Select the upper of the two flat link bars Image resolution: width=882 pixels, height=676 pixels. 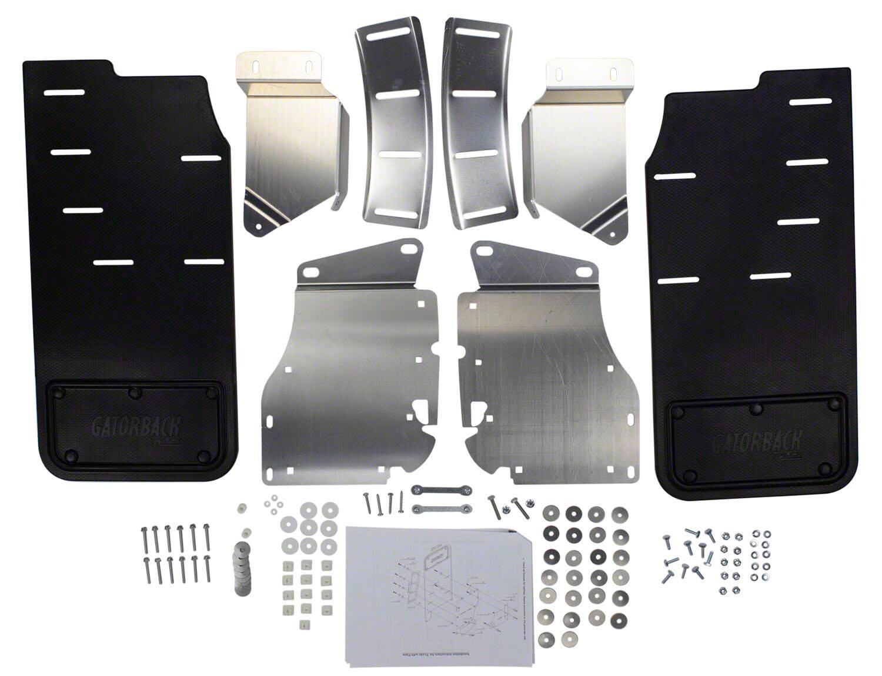pyautogui.click(x=436, y=489)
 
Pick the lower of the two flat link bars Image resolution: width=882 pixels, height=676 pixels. pyautogui.click(x=436, y=507)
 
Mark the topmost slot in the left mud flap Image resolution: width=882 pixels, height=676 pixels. pyautogui.click(x=64, y=93)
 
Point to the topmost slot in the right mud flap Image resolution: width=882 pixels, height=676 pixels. pyautogui.click(x=810, y=102)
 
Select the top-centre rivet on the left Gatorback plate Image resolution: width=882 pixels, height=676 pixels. pyautogui.click(x=135, y=391)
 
